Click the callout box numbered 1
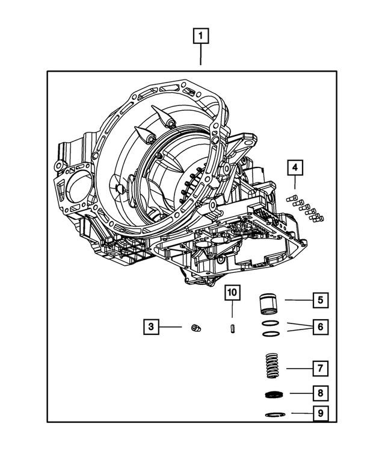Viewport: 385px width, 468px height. click(201, 37)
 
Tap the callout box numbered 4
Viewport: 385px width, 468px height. click(295, 167)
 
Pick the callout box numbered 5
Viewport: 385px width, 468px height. click(320, 299)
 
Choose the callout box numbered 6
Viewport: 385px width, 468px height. click(320, 327)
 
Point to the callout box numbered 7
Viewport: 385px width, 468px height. click(320, 367)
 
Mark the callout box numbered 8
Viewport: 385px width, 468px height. click(320, 393)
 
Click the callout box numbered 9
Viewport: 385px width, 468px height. click(320, 413)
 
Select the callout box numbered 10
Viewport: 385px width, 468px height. click(232, 293)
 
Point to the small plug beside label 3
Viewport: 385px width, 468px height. click(194, 327)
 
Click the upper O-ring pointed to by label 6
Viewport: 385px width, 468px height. click(270, 324)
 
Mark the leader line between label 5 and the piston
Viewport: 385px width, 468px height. click(297, 299)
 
